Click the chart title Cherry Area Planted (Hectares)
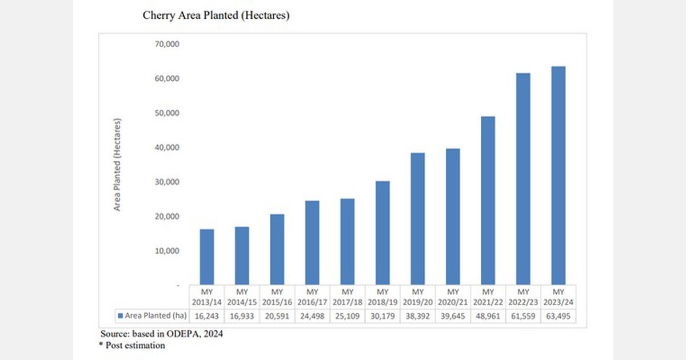point(216,16)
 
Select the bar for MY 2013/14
point(206,257)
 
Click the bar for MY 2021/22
point(488,201)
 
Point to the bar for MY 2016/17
point(312,242)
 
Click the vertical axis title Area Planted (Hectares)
point(117,165)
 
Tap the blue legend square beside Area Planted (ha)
point(120,315)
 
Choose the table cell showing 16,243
point(207,315)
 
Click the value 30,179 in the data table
point(382,315)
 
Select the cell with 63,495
point(558,315)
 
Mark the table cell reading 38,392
point(417,315)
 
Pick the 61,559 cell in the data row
point(523,315)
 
